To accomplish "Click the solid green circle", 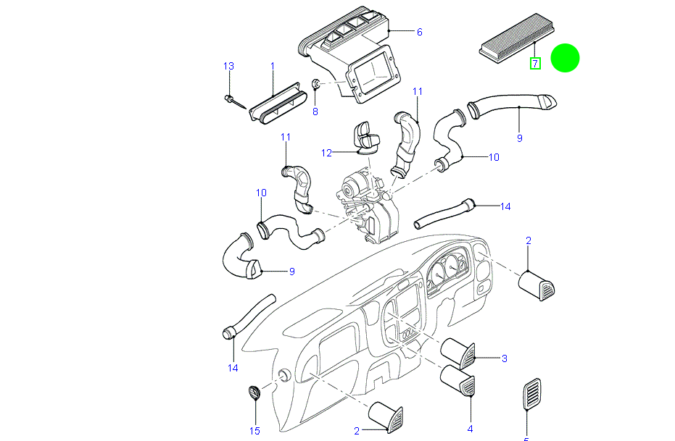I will (x=565, y=58).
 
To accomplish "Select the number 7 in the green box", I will (x=535, y=64).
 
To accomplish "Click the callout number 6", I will (x=419, y=32).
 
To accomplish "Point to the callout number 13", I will (x=228, y=66).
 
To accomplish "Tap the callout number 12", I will (x=327, y=153).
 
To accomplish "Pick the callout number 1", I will (x=273, y=66).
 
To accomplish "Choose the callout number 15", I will (x=254, y=432).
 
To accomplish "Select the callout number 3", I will (x=504, y=358).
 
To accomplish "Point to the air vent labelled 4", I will (x=458, y=380).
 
